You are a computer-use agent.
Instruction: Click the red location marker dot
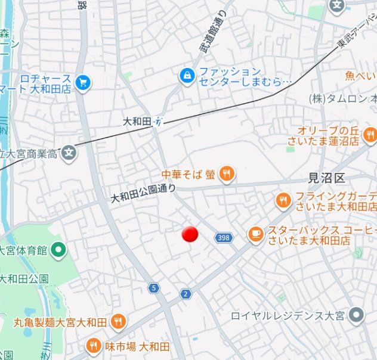point(190,234)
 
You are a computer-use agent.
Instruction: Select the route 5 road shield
point(154,288)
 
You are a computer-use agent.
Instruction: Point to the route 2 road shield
point(186,294)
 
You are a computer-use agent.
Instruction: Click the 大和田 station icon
point(158,121)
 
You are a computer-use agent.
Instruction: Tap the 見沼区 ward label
point(326,178)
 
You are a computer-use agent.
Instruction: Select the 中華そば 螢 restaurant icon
point(227,175)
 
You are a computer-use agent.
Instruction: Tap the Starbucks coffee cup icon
point(256,235)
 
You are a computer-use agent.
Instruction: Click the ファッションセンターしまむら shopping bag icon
point(187,76)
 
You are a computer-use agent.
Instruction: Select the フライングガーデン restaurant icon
point(283,201)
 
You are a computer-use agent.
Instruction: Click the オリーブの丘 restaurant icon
point(370,135)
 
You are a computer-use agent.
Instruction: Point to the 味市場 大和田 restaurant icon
point(94,346)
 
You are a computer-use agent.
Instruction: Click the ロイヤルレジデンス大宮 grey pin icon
point(357,314)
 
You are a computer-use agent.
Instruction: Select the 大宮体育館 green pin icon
point(58,250)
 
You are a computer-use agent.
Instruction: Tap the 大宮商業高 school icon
point(70,153)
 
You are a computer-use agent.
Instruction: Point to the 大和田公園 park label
point(24,278)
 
